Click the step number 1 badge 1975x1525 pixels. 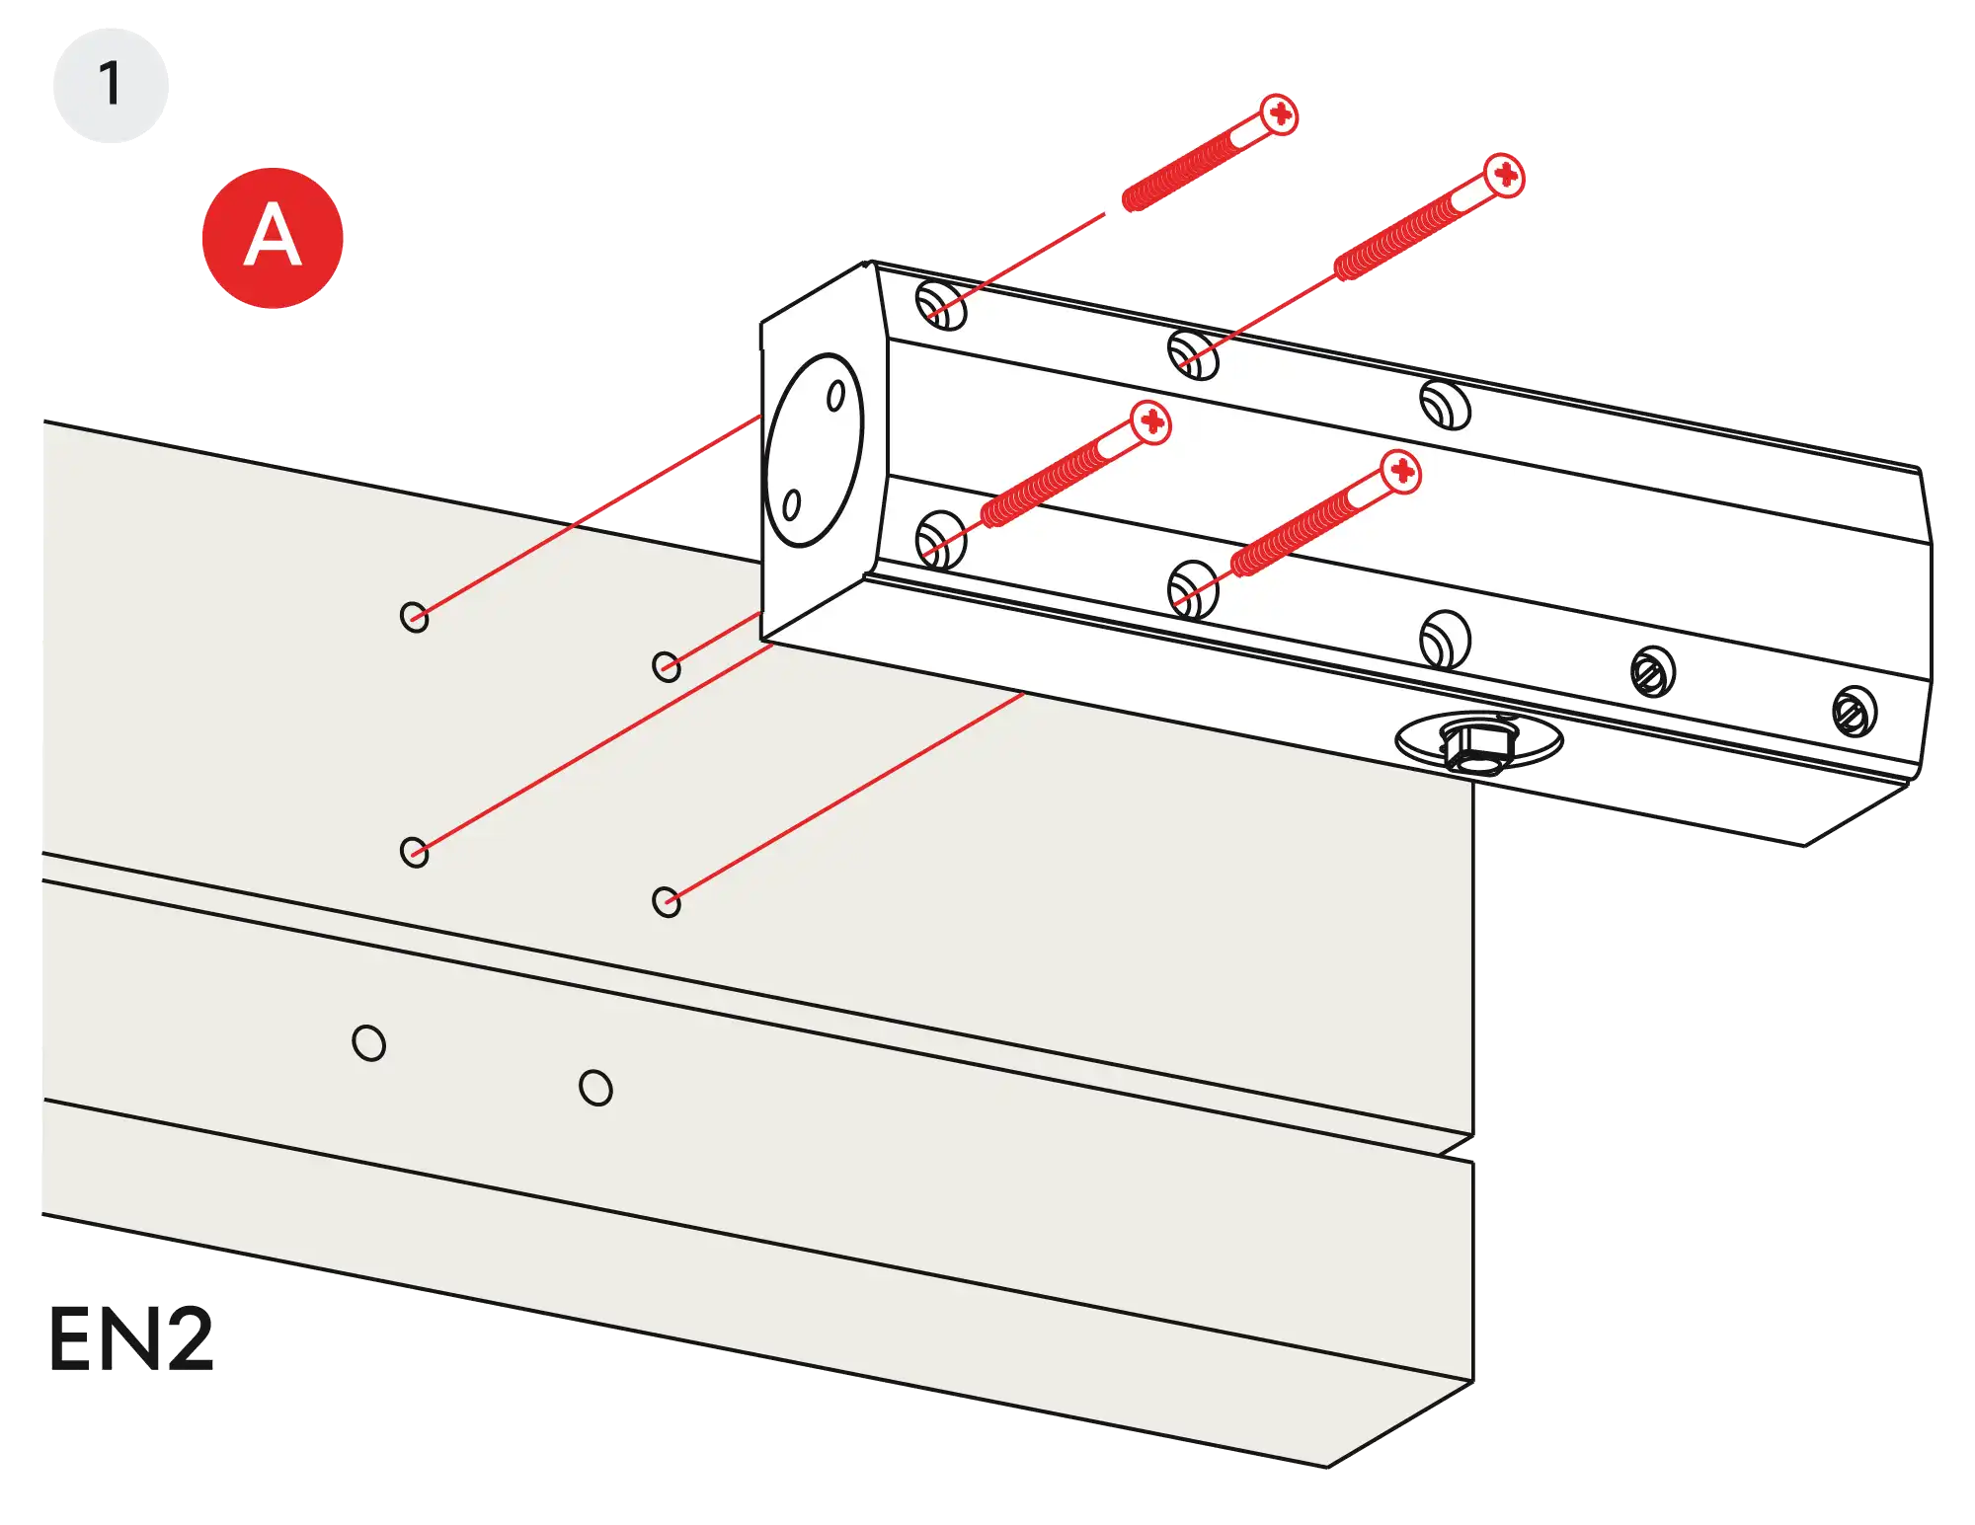[x=110, y=84]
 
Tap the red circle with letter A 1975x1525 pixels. [x=272, y=237]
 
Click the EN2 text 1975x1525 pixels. [x=129, y=1339]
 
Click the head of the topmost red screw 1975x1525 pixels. [x=1280, y=114]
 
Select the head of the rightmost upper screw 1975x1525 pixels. [x=1504, y=176]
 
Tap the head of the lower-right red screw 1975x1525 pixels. [x=1401, y=472]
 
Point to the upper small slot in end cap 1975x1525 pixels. [x=835, y=396]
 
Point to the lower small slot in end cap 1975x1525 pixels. [x=791, y=506]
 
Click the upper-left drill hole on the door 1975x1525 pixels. [x=414, y=617]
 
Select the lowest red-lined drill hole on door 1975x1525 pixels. [x=667, y=901]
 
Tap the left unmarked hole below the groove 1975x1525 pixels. [x=368, y=1042]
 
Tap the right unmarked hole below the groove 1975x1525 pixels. [x=595, y=1088]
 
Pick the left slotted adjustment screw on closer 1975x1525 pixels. [x=1651, y=672]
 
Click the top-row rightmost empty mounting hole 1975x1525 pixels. [x=1445, y=405]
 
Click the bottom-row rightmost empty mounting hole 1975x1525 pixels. [x=1445, y=639]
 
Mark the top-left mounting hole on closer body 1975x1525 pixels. [x=941, y=304]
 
